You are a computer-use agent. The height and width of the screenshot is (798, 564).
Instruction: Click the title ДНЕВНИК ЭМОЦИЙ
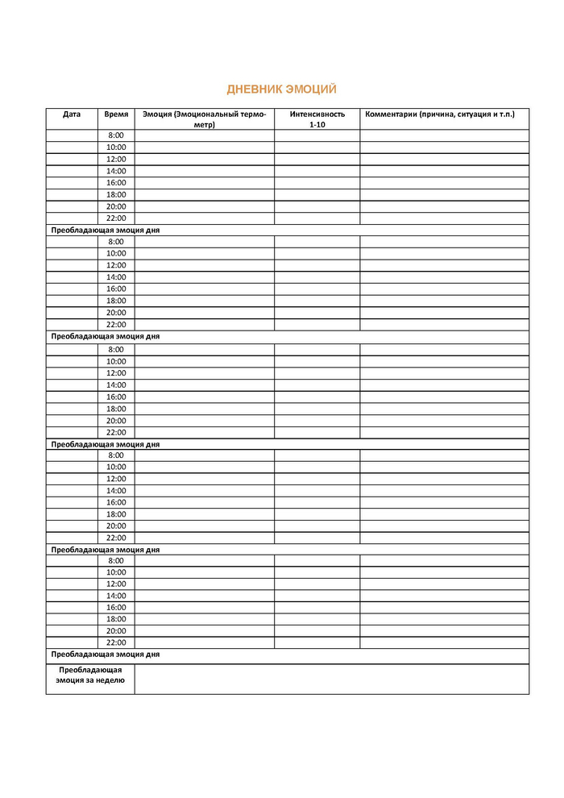(281, 89)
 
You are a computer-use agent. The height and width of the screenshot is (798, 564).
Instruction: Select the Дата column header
(72, 114)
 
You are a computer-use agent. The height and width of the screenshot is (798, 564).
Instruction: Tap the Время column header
(116, 114)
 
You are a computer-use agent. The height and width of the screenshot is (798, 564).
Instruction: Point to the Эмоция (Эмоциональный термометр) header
(204, 119)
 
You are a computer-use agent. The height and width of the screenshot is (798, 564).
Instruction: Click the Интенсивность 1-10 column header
(317, 119)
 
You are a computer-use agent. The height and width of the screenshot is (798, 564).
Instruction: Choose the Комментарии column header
(440, 114)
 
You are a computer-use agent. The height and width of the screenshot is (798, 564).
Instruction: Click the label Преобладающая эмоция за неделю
(90, 675)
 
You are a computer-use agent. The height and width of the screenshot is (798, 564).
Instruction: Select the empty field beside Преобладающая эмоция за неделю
(331, 679)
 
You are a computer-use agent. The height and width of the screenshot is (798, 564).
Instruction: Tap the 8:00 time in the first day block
(116, 135)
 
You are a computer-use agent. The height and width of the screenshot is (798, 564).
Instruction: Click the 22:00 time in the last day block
(116, 642)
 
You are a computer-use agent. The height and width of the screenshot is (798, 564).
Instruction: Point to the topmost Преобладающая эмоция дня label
(106, 230)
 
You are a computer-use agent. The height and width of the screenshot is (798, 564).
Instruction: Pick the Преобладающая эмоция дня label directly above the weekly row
(106, 655)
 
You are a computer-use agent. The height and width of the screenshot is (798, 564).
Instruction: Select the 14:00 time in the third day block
(116, 385)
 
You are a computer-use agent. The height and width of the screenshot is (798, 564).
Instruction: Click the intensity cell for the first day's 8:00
(317, 135)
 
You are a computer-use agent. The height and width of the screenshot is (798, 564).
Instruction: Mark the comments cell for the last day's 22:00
(444, 642)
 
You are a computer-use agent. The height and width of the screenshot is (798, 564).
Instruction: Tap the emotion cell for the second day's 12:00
(204, 265)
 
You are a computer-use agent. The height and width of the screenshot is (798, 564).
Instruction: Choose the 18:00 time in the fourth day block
(116, 514)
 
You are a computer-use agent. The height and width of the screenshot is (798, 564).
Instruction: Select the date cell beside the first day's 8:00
(72, 135)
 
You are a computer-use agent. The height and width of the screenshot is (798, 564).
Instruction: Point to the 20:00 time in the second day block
(116, 313)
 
